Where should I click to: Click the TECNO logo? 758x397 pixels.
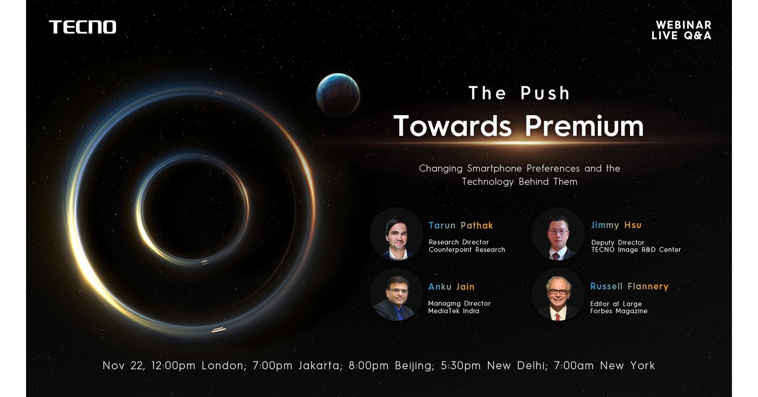(x=82, y=27)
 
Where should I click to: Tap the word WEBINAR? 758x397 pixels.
(x=683, y=25)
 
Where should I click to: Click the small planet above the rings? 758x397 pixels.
(x=338, y=95)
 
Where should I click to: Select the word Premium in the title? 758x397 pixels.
(x=584, y=126)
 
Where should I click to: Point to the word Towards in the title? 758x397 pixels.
(x=452, y=126)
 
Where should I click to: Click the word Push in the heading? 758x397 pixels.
(x=545, y=93)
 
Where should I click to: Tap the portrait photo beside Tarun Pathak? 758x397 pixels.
(x=396, y=234)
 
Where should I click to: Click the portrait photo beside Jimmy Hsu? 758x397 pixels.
(x=558, y=234)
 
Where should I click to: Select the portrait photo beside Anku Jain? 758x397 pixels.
(x=396, y=295)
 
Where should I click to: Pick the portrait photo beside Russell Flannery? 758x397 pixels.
(x=558, y=295)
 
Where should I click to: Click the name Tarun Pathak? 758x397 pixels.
(x=460, y=226)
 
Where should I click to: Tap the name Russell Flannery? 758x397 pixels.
(x=629, y=286)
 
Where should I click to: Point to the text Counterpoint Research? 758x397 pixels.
(x=467, y=250)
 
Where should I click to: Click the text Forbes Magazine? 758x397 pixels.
(x=618, y=311)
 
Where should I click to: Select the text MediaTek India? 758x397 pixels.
(x=453, y=311)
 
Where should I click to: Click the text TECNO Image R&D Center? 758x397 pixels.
(x=636, y=250)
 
